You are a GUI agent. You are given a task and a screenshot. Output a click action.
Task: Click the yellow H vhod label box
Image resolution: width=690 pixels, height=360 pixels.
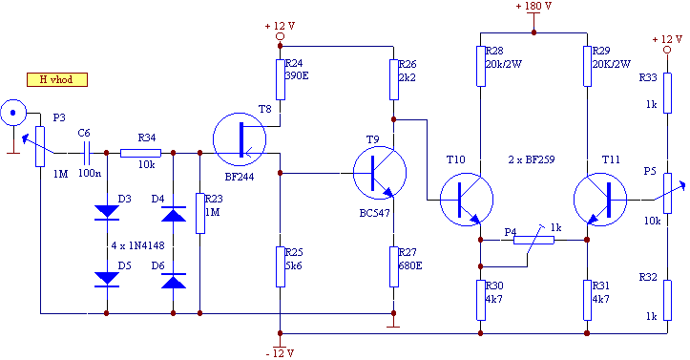57,79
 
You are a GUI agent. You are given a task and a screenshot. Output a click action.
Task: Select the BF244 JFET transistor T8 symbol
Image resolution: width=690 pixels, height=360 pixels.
240,139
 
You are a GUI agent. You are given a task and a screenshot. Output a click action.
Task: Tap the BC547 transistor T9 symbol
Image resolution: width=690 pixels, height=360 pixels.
380,173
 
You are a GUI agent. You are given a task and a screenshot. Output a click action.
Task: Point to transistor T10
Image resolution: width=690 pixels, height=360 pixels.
467,200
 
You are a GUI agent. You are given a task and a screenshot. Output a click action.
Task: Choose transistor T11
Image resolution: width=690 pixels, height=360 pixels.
600,200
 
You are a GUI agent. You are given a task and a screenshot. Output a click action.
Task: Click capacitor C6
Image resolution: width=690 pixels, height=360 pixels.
87,153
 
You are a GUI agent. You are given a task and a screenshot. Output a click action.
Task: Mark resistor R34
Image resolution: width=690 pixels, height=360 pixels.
141,153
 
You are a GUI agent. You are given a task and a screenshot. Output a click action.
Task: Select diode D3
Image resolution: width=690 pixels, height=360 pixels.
107,212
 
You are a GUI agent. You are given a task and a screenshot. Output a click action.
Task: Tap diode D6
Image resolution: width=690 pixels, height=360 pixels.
174,281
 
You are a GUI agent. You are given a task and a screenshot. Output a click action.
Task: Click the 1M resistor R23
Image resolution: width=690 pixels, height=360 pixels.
200,213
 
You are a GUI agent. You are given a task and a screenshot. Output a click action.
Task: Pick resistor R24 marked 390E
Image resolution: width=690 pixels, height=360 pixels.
281,79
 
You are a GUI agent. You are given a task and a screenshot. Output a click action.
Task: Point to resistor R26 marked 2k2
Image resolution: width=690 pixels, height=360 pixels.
394,79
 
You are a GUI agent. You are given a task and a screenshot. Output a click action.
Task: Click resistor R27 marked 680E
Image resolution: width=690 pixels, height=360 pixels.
394,266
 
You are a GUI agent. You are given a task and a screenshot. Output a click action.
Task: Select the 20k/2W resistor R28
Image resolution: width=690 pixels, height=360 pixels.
481,66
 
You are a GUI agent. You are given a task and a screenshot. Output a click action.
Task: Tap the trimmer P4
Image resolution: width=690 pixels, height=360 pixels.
533,240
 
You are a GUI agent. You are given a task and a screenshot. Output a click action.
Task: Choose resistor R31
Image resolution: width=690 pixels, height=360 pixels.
587,300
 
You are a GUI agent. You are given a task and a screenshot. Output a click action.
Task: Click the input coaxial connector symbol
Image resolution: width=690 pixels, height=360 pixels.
13,113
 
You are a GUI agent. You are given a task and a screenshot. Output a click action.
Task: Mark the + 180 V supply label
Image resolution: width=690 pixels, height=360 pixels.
533,6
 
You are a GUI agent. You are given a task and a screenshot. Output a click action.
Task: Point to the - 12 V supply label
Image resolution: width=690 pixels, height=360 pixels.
280,353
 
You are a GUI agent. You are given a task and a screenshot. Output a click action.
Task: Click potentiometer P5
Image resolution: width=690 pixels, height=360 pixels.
667,193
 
